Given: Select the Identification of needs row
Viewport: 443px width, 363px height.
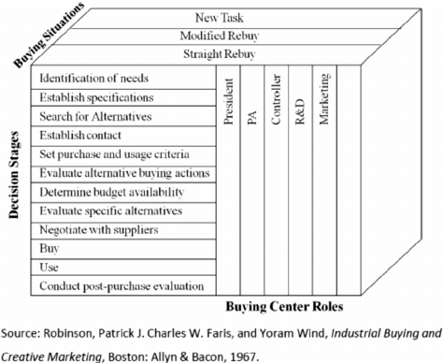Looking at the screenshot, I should tap(95, 78).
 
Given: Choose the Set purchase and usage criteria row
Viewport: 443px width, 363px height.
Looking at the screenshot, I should tap(114, 154).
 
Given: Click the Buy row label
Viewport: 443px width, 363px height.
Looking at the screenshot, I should tap(50, 248).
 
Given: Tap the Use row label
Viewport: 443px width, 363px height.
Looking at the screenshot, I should tap(50, 267).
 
